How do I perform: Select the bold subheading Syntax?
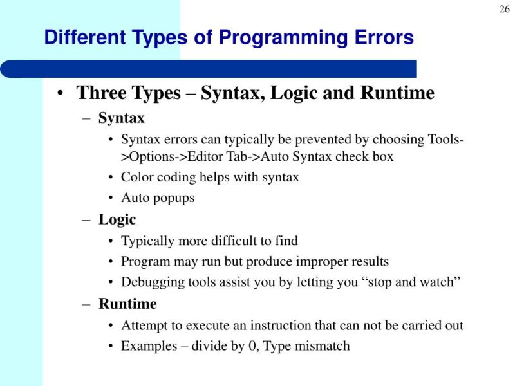(x=121, y=118)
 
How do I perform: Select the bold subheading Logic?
(x=117, y=219)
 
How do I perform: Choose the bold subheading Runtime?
(x=127, y=303)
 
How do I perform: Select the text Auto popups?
(x=158, y=198)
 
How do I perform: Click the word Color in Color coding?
(x=136, y=177)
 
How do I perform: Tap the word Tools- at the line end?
(x=447, y=140)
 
